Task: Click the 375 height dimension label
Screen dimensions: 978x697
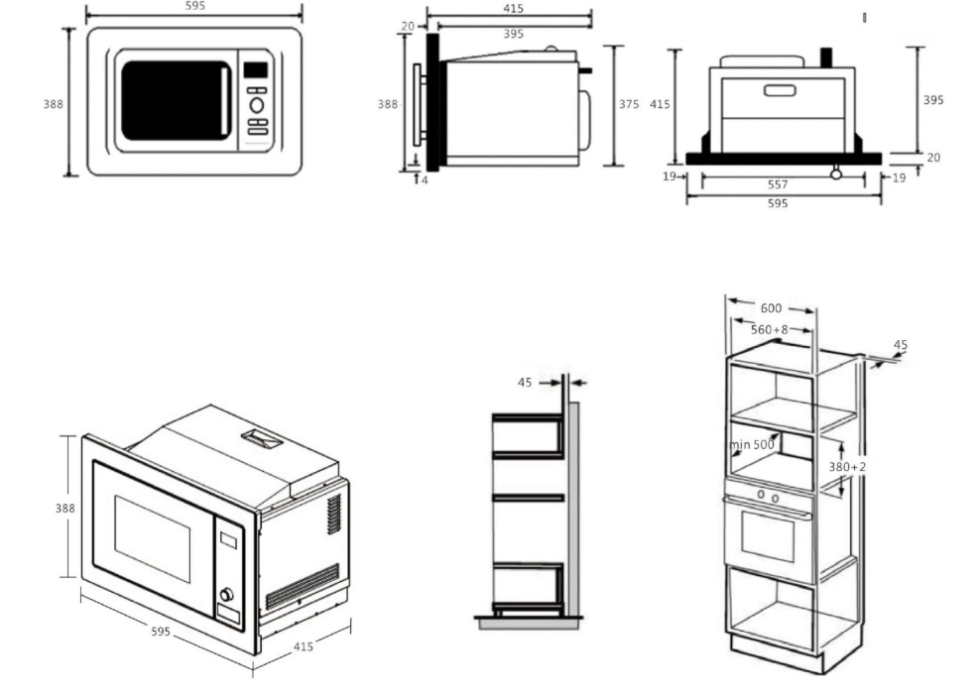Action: pyautogui.click(x=629, y=104)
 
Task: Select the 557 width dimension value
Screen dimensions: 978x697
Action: pyautogui.click(x=778, y=184)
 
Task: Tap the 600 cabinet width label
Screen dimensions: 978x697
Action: pyautogui.click(x=771, y=308)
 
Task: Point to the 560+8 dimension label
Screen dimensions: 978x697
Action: pyautogui.click(x=769, y=329)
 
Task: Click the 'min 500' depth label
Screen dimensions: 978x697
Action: pyautogui.click(x=752, y=444)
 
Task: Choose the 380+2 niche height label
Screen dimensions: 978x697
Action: pyautogui.click(x=847, y=466)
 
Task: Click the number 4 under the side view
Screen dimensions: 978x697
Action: pyautogui.click(x=425, y=180)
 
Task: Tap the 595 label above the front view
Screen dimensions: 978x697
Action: pyautogui.click(x=195, y=6)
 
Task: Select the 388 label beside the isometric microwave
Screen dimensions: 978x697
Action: pyautogui.click(x=64, y=508)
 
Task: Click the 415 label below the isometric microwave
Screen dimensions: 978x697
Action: pyautogui.click(x=304, y=646)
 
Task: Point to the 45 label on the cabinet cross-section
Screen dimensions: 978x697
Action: pyautogui.click(x=525, y=382)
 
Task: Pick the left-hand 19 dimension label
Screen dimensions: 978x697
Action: pyautogui.click(x=670, y=176)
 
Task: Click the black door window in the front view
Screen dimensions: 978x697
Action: pyautogui.click(x=176, y=100)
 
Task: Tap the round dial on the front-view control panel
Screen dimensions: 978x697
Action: pyautogui.click(x=256, y=105)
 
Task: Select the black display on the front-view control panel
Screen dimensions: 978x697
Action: pyautogui.click(x=255, y=69)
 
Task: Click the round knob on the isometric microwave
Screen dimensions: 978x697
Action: pyautogui.click(x=226, y=594)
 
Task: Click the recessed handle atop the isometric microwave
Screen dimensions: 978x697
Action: pyautogui.click(x=262, y=439)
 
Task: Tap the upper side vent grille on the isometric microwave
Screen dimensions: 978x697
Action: pyautogui.click(x=334, y=515)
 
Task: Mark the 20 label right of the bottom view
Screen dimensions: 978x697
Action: pyautogui.click(x=933, y=158)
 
